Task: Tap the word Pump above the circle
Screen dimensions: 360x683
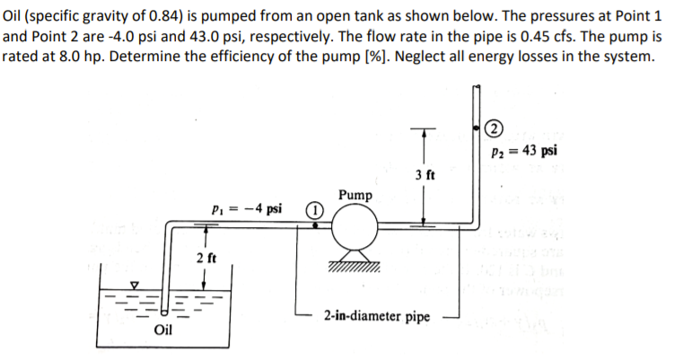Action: click(x=355, y=195)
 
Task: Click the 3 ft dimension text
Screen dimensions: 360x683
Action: click(x=425, y=174)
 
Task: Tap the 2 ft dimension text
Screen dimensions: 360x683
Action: click(x=206, y=259)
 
